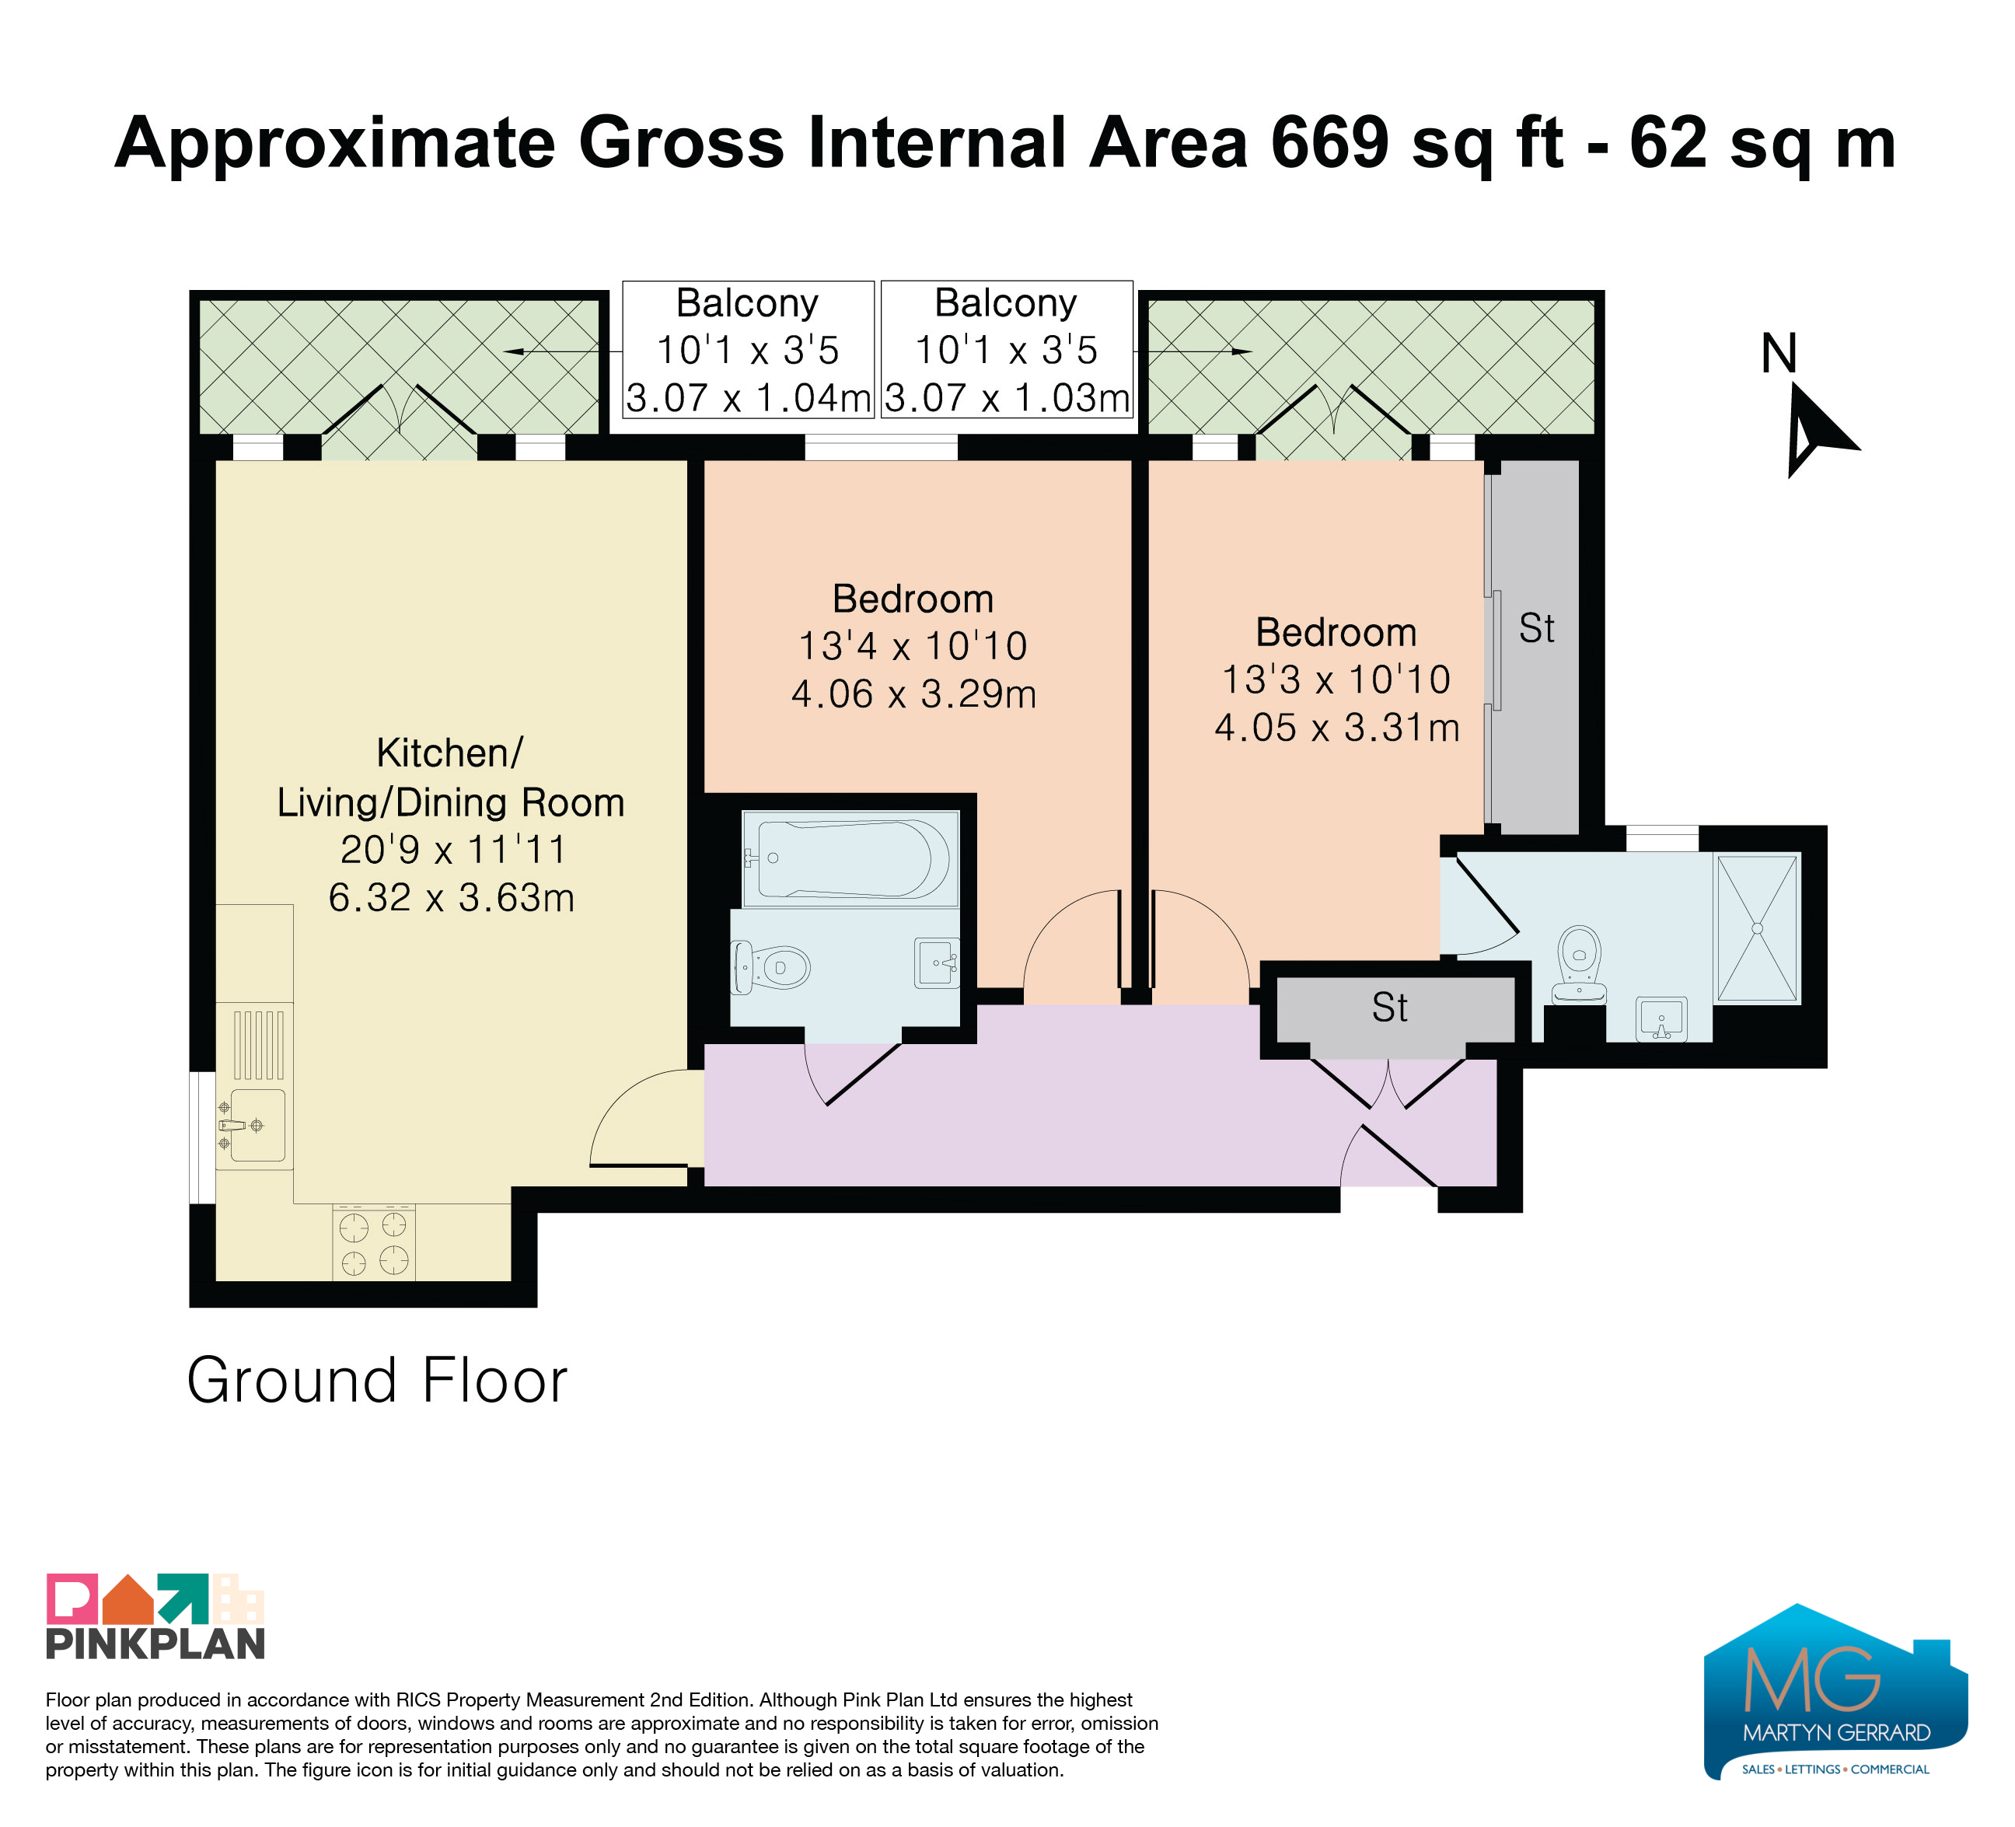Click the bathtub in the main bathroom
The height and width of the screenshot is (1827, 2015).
pos(850,858)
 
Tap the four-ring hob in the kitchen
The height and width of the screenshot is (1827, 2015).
pos(374,1242)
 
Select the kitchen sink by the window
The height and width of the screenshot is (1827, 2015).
pos(256,1126)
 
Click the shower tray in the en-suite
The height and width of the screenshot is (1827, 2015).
pos(1757,928)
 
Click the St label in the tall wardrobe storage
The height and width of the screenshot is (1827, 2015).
pos(1536,629)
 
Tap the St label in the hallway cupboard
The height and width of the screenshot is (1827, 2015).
pos(1389,1008)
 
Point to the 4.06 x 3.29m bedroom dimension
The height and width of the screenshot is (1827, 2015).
pos(913,693)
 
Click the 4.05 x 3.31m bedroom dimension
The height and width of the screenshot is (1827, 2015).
pos(1337,728)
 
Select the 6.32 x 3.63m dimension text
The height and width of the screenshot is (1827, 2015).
pos(452,897)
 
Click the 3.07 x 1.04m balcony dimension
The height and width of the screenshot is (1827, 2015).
pos(749,398)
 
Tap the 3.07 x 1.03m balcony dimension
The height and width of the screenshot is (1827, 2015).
pos(1007,398)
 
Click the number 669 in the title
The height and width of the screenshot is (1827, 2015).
pos(1330,142)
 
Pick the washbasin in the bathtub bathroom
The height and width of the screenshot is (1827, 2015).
pos(938,962)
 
